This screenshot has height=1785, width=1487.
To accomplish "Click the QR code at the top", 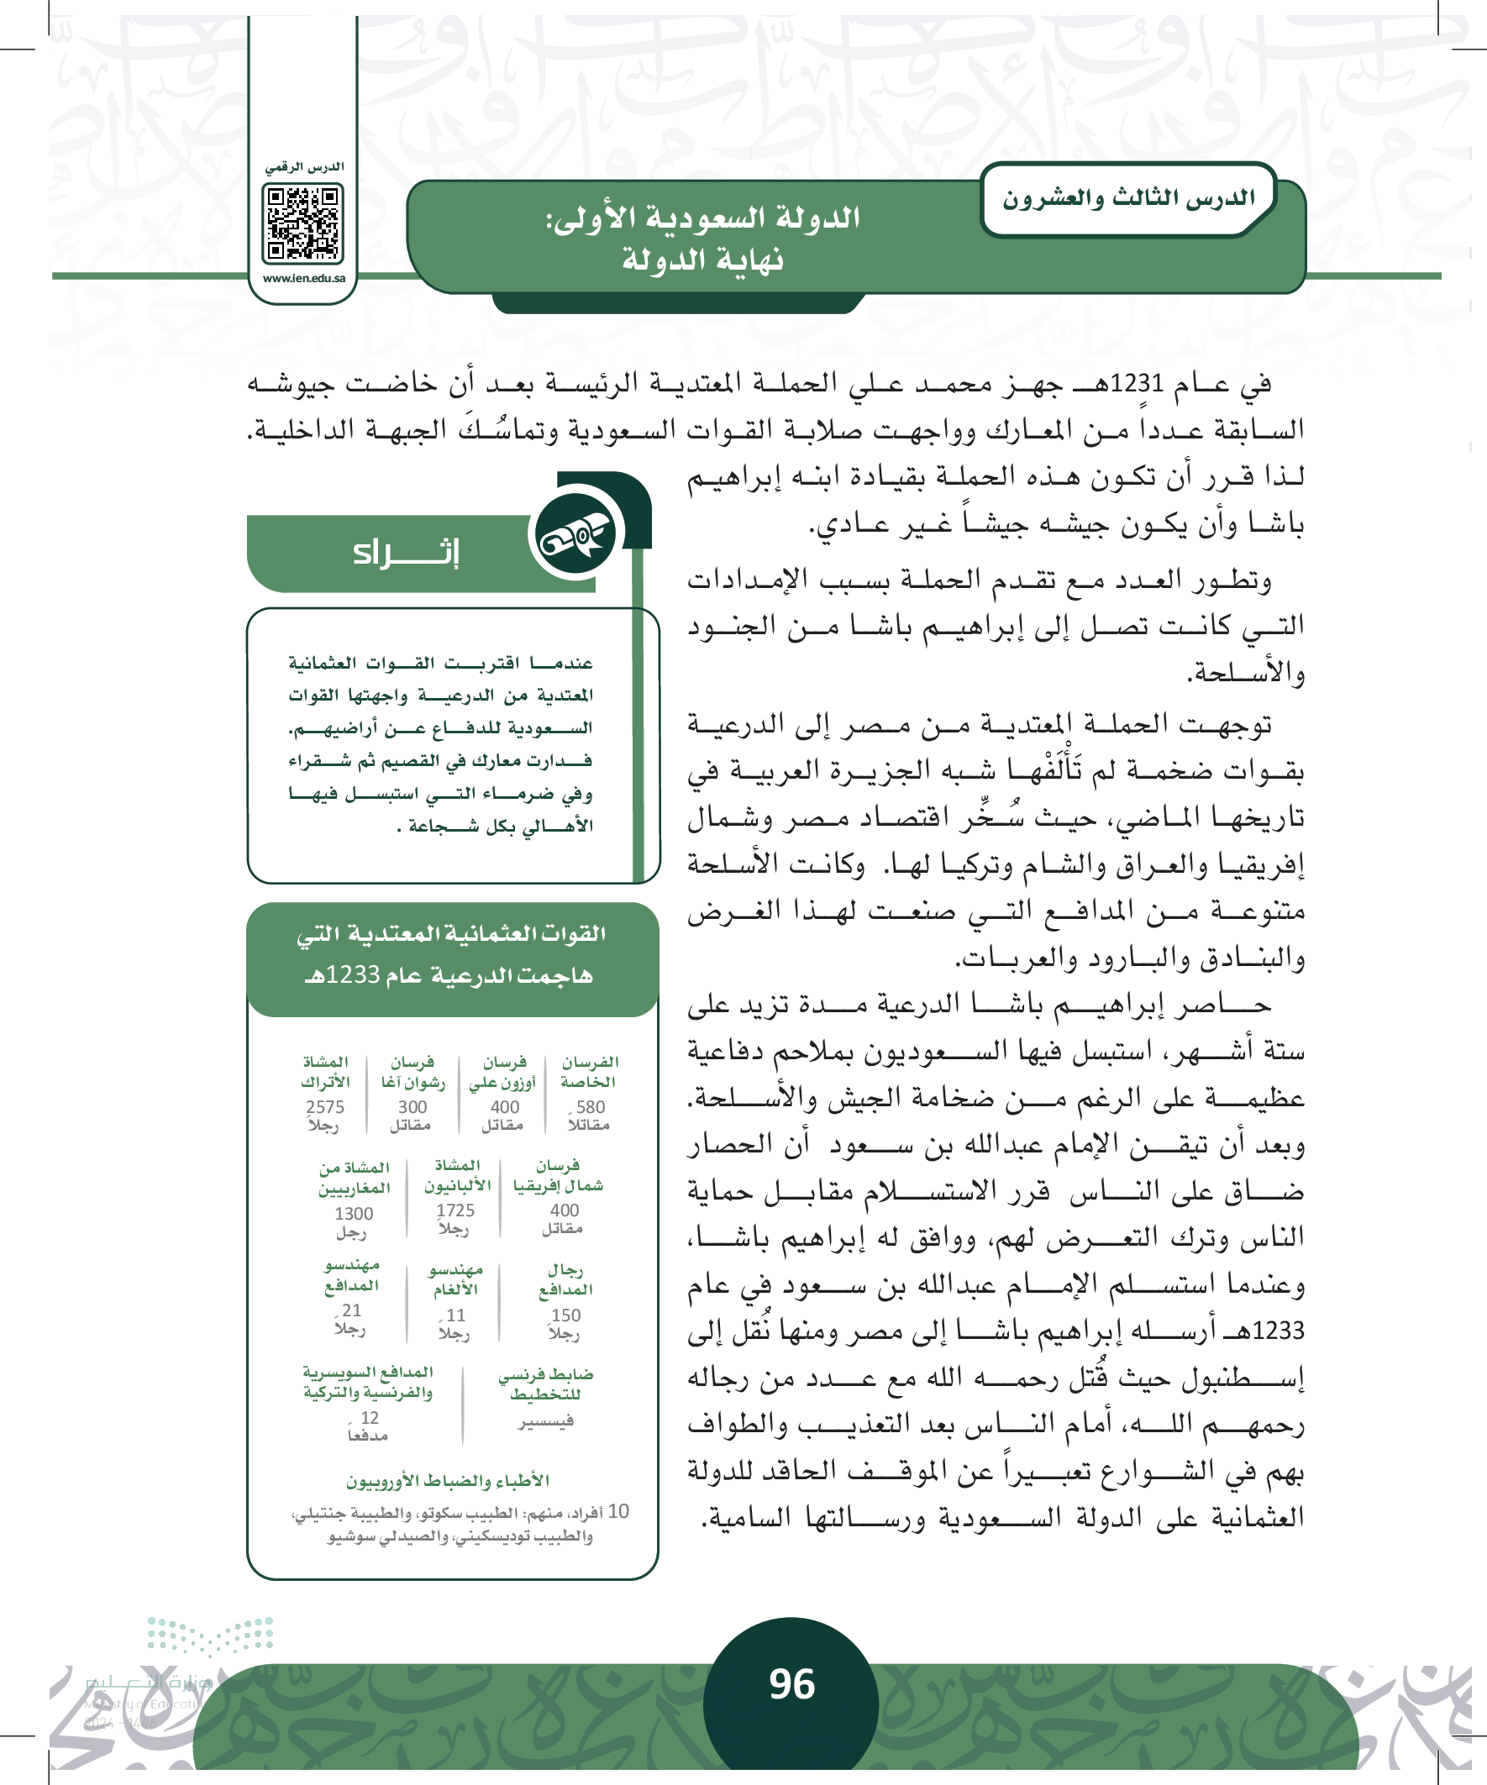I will (302, 223).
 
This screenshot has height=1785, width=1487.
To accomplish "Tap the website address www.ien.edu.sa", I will (303, 278).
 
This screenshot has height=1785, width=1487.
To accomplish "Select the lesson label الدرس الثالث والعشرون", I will (1128, 199).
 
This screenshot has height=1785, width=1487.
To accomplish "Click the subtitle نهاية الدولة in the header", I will (702, 260).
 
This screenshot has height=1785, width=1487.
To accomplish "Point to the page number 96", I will (791, 1683).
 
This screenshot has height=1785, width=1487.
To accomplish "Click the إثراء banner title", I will (407, 553).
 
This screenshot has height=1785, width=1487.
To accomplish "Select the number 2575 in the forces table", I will (325, 1107).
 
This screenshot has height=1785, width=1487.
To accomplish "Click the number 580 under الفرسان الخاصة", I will (590, 1107).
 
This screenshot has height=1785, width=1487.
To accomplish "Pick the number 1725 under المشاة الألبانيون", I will (455, 1210).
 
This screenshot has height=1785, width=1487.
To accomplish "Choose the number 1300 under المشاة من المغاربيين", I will (354, 1213).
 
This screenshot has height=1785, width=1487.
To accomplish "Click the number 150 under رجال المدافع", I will (565, 1315).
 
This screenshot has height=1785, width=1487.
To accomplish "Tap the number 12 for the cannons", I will (369, 1417).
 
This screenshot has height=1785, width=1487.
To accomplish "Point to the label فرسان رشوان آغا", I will (412, 1072).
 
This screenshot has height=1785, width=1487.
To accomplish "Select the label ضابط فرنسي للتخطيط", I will (546, 1383).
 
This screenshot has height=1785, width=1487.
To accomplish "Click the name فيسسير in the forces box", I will (546, 1421).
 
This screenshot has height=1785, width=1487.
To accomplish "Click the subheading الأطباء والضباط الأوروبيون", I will (447, 1481).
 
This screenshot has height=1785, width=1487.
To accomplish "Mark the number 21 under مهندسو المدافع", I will (351, 1310).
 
